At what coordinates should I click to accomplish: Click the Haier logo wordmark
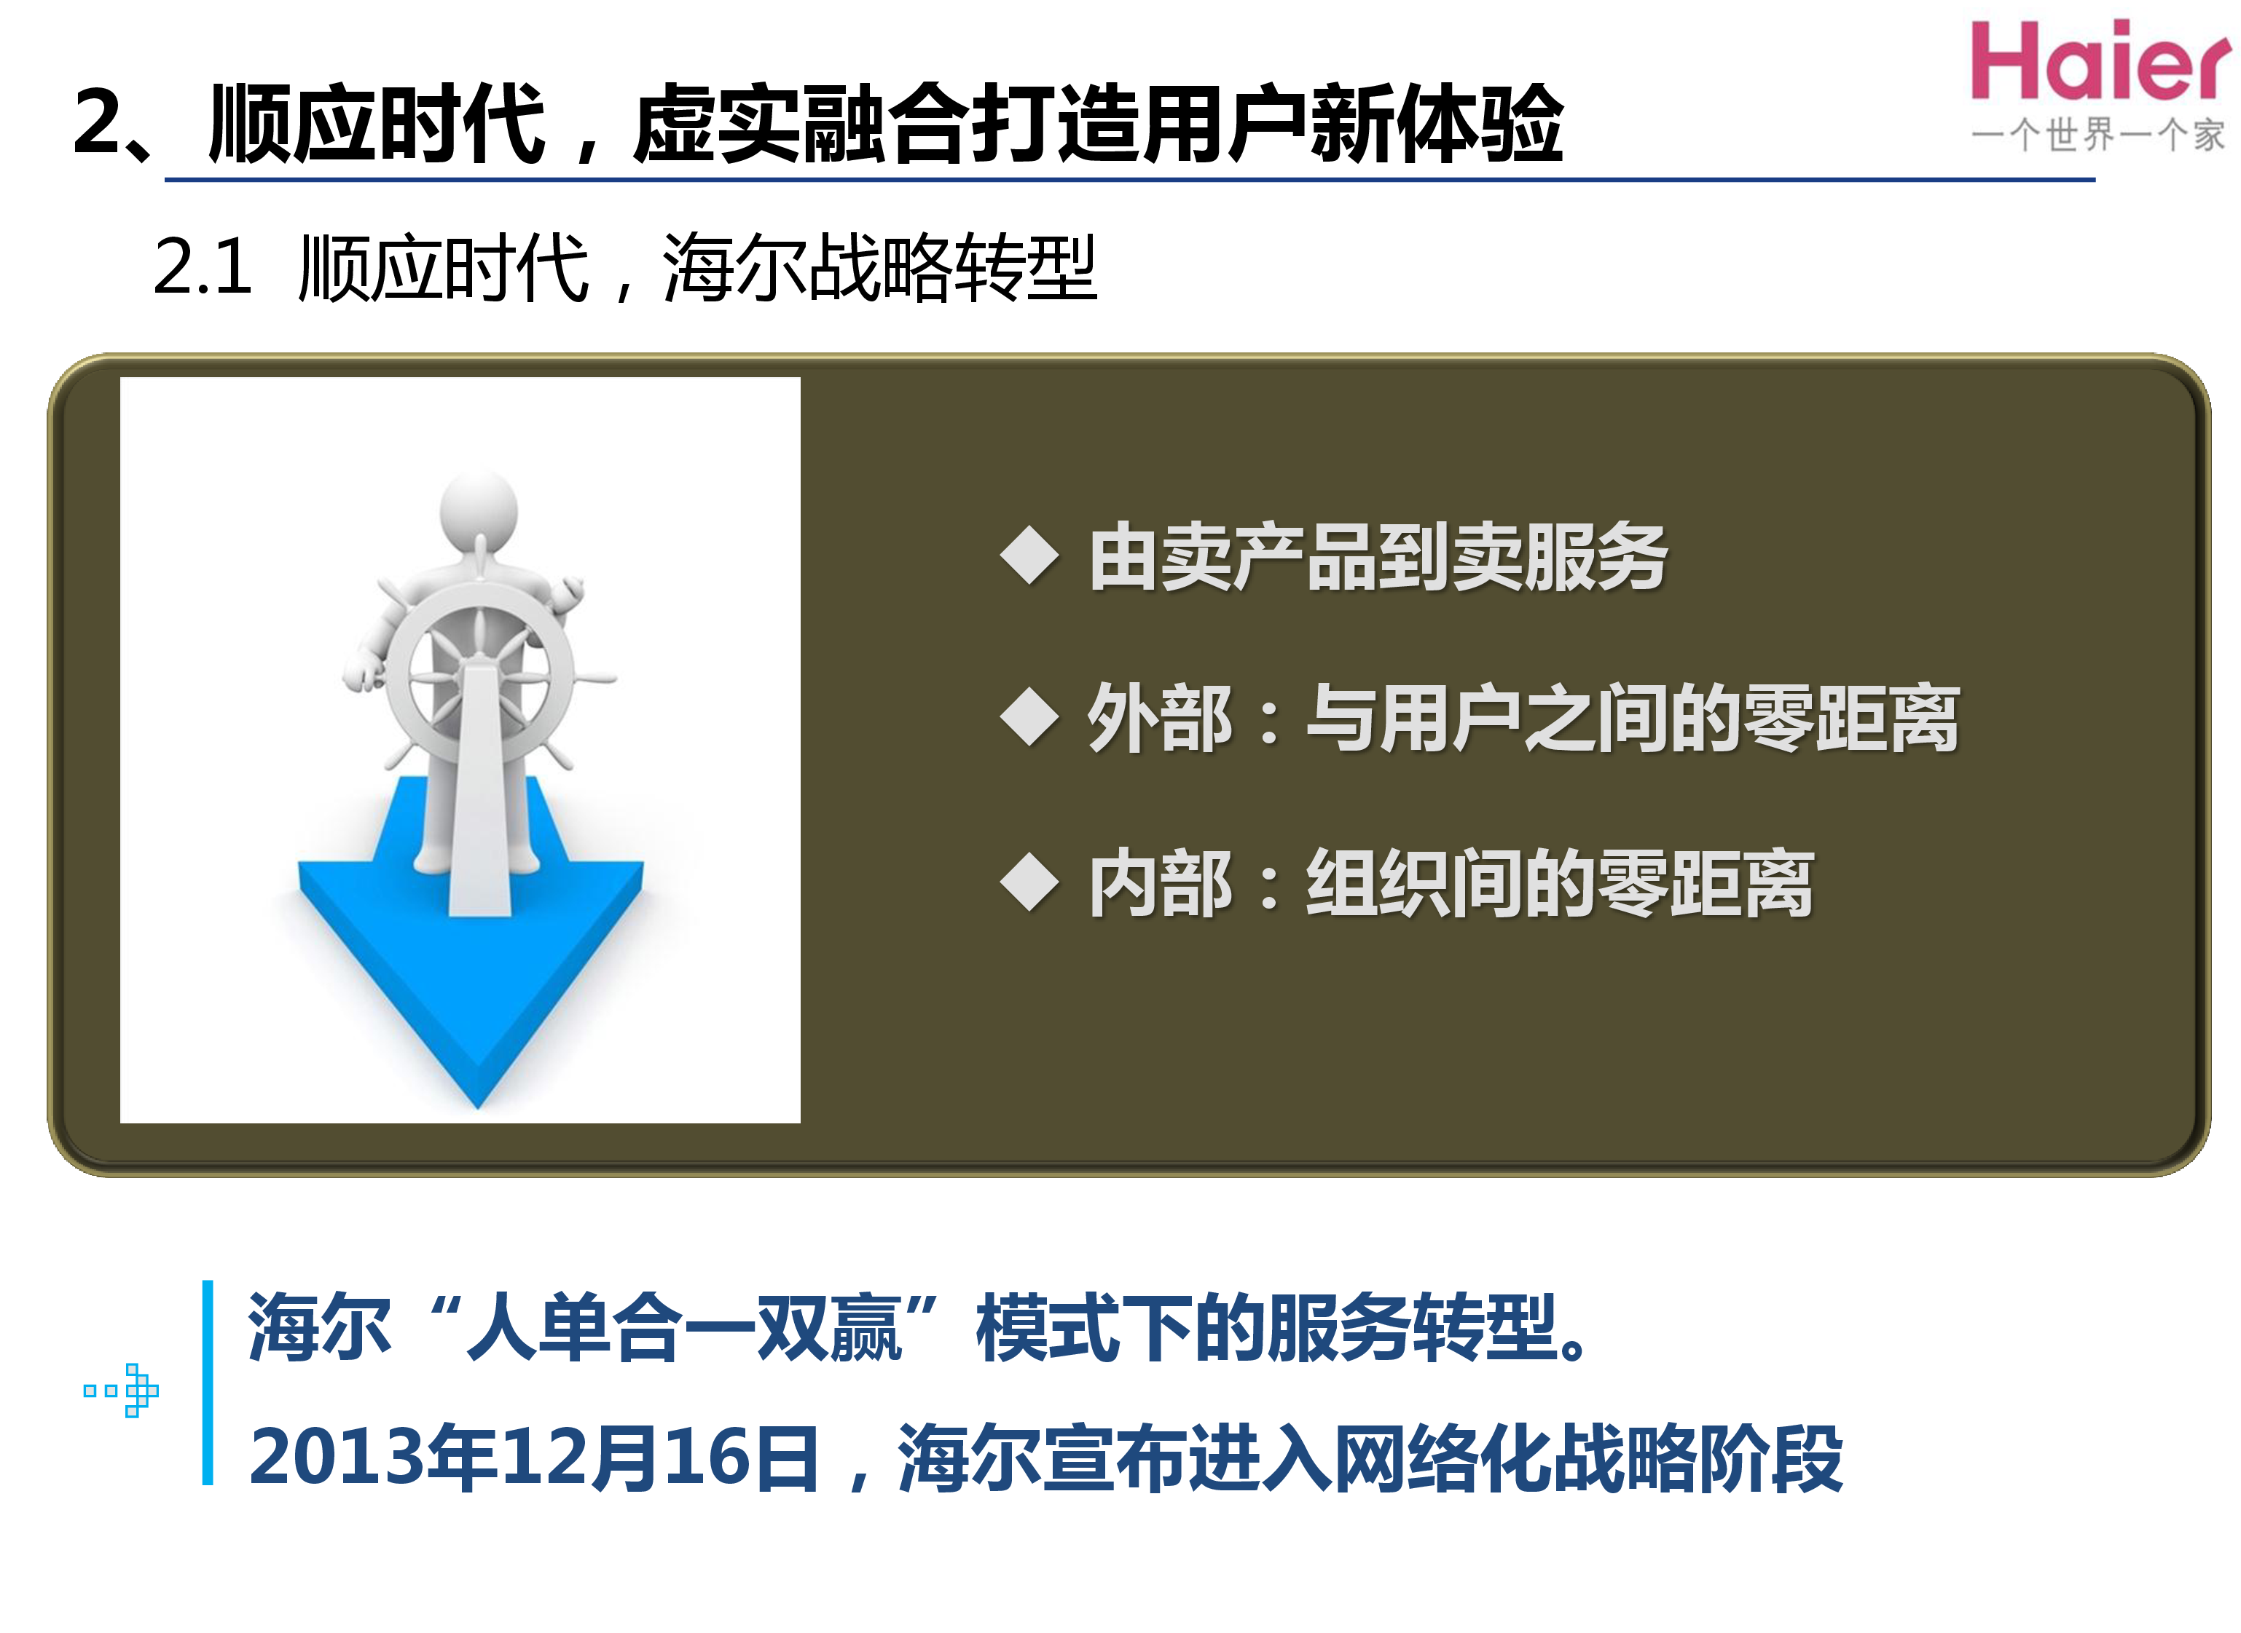coord(2099,61)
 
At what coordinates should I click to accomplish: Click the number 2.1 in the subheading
coord(203,267)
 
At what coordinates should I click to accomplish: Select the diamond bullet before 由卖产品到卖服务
coord(1029,555)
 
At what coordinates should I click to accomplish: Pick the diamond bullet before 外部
coord(1029,716)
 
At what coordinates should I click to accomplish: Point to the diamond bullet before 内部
coord(1029,882)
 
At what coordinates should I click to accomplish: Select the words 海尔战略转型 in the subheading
coord(878,267)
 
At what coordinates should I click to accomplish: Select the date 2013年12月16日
coord(534,1458)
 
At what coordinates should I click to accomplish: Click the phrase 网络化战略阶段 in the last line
coord(1588,1458)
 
